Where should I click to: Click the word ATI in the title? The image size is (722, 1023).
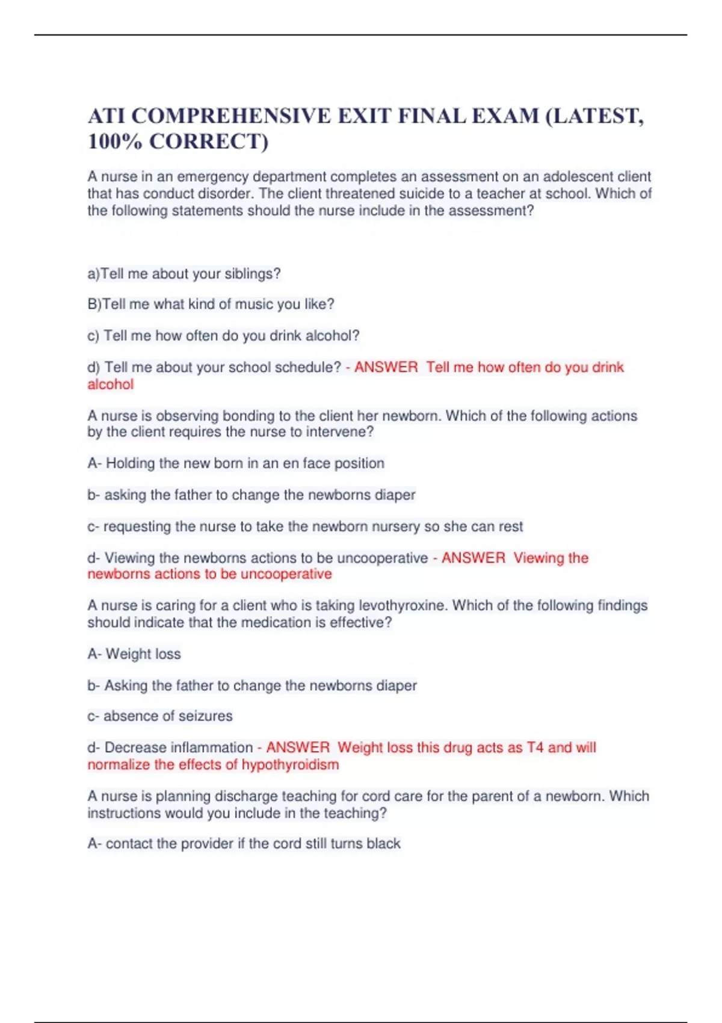click(106, 116)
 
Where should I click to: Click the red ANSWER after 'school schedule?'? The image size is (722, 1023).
click(386, 367)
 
